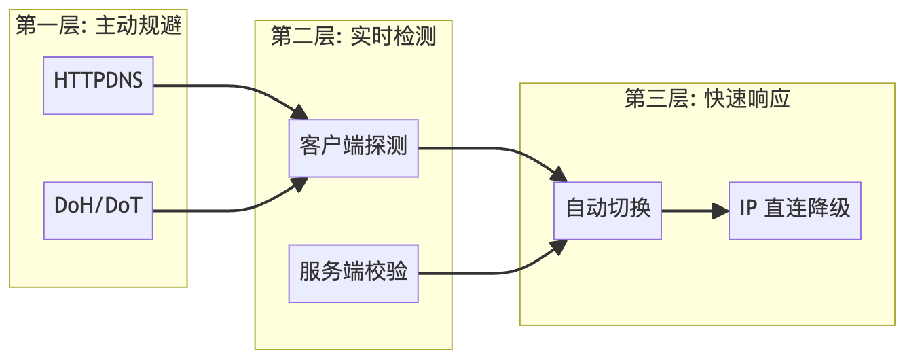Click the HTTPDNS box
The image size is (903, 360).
tap(98, 86)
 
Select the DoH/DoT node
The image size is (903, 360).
tap(98, 211)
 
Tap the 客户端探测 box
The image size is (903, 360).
tap(353, 148)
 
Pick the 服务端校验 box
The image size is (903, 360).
tap(353, 273)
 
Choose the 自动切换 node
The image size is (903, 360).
tap(608, 211)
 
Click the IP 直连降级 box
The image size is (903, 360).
tap(794, 211)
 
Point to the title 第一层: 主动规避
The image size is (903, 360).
tap(98, 26)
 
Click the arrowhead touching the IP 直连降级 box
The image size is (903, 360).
tap(721, 211)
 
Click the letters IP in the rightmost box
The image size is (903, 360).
tap(748, 209)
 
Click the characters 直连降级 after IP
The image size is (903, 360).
tap(807, 209)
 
